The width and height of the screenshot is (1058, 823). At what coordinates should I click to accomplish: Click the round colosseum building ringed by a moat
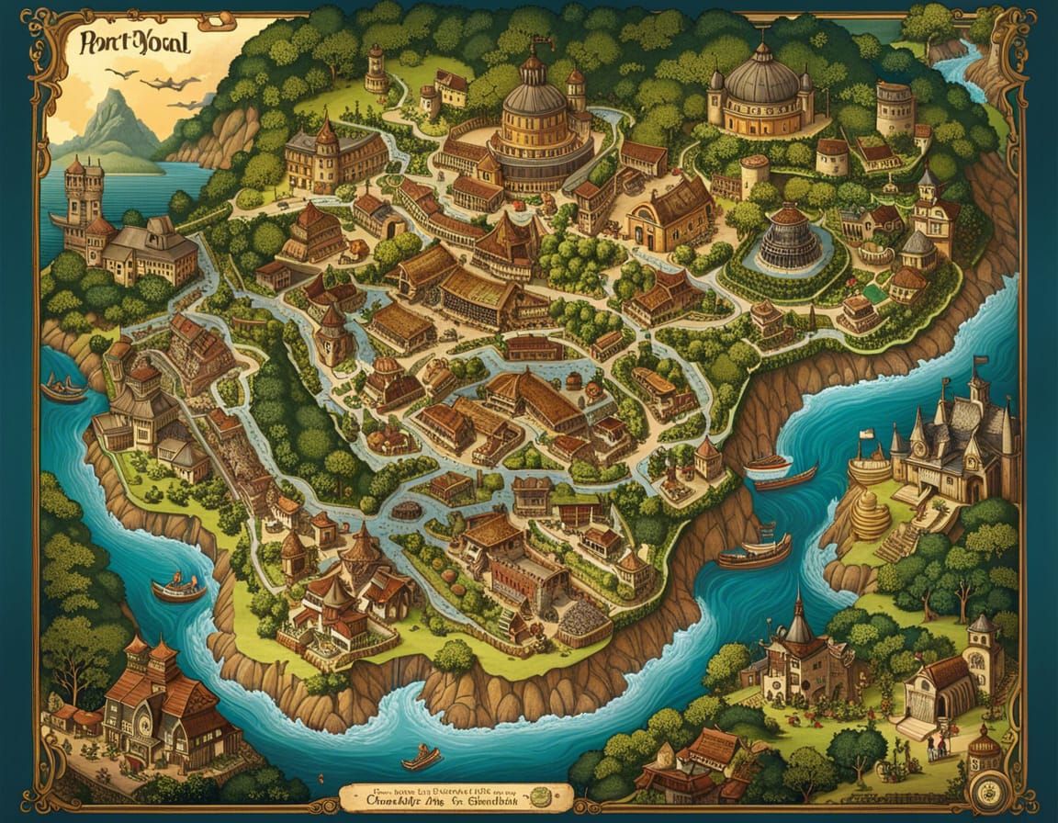point(788,237)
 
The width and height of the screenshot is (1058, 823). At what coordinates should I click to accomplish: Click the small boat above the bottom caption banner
point(422,757)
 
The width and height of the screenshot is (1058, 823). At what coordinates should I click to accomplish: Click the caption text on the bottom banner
point(455,795)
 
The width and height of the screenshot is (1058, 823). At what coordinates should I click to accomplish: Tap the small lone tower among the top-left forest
point(376,69)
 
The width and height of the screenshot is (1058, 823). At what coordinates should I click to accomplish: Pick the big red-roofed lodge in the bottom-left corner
point(152,698)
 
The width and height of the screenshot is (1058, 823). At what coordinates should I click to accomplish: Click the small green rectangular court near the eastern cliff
point(876,293)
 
